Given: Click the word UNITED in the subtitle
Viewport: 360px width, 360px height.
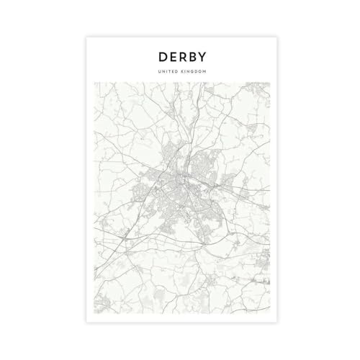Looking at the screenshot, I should point(168,71).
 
